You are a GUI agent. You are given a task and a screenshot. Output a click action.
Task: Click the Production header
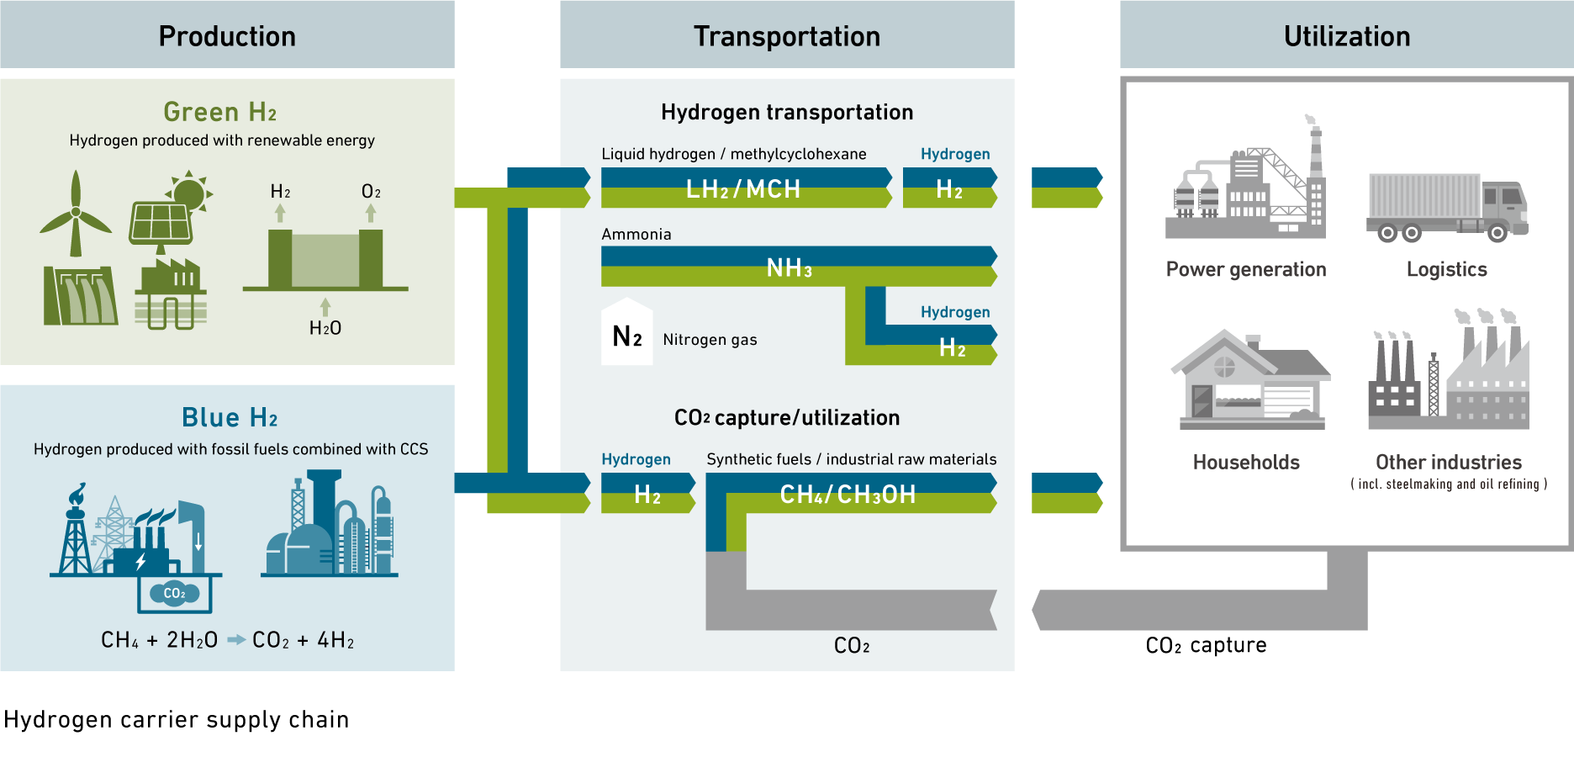(x=227, y=36)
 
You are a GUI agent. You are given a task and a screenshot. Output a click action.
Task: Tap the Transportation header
(x=787, y=36)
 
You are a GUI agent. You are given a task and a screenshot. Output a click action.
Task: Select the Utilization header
(x=1346, y=36)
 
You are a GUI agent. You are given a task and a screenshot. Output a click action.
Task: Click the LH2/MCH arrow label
(x=743, y=188)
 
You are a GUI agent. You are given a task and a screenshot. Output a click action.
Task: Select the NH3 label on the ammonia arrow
(x=789, y=268)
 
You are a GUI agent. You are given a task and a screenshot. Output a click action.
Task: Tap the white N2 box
(x=627, y=335)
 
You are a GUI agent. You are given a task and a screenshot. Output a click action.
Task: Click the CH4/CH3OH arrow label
(x=848, y=495)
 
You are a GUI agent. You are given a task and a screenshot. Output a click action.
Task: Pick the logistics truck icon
(x=1447, y=207)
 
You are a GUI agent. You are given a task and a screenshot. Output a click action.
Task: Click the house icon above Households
(x=1250, y=380)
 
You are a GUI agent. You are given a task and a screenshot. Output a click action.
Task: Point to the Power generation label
(x=1246, y=269)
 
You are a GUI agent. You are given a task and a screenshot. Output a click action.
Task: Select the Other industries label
(x=1448, y=462)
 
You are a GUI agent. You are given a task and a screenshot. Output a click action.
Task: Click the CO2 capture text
(x=1206, y=645)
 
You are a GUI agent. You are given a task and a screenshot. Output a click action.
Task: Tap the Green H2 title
(x=220, y=112)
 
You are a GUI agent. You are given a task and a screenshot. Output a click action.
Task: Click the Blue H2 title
(x=230, y=417)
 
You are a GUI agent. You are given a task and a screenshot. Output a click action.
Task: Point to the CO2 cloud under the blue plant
(x=174, y=593)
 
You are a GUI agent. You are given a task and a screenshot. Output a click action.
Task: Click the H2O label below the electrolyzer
(x=325, y=328)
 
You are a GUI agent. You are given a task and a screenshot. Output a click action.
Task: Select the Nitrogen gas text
(x=710, y=340)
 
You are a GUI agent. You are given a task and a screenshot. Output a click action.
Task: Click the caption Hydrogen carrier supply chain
(x=177, y=720)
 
